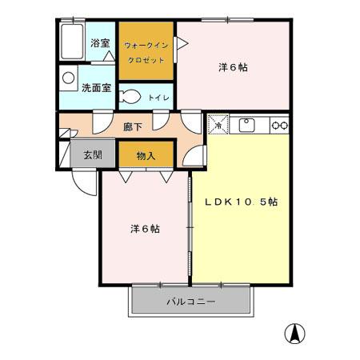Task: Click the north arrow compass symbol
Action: point(294,334)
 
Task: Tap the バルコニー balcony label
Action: point(191,302)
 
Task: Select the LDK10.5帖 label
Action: point(242,202)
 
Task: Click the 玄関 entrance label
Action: point(93,154)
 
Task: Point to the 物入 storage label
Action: point(146,156)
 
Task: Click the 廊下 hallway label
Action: point(133,127)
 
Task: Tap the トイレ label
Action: point(159,98)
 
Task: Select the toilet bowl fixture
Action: point(130,96)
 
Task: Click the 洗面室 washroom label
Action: point(96,88)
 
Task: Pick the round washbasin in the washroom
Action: point(68,78)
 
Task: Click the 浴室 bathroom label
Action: point(100,43)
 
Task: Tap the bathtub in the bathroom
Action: point(72,42)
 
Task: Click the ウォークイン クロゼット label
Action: point(146,53)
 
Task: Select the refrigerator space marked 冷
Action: point(218,124)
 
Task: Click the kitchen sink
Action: point(246,126)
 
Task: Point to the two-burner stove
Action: point(279,125)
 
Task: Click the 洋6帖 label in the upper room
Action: point(233,67)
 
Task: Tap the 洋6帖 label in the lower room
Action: point(145,229)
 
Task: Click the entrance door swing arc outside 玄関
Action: point(86,186)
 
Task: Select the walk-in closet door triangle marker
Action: point(182,43)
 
